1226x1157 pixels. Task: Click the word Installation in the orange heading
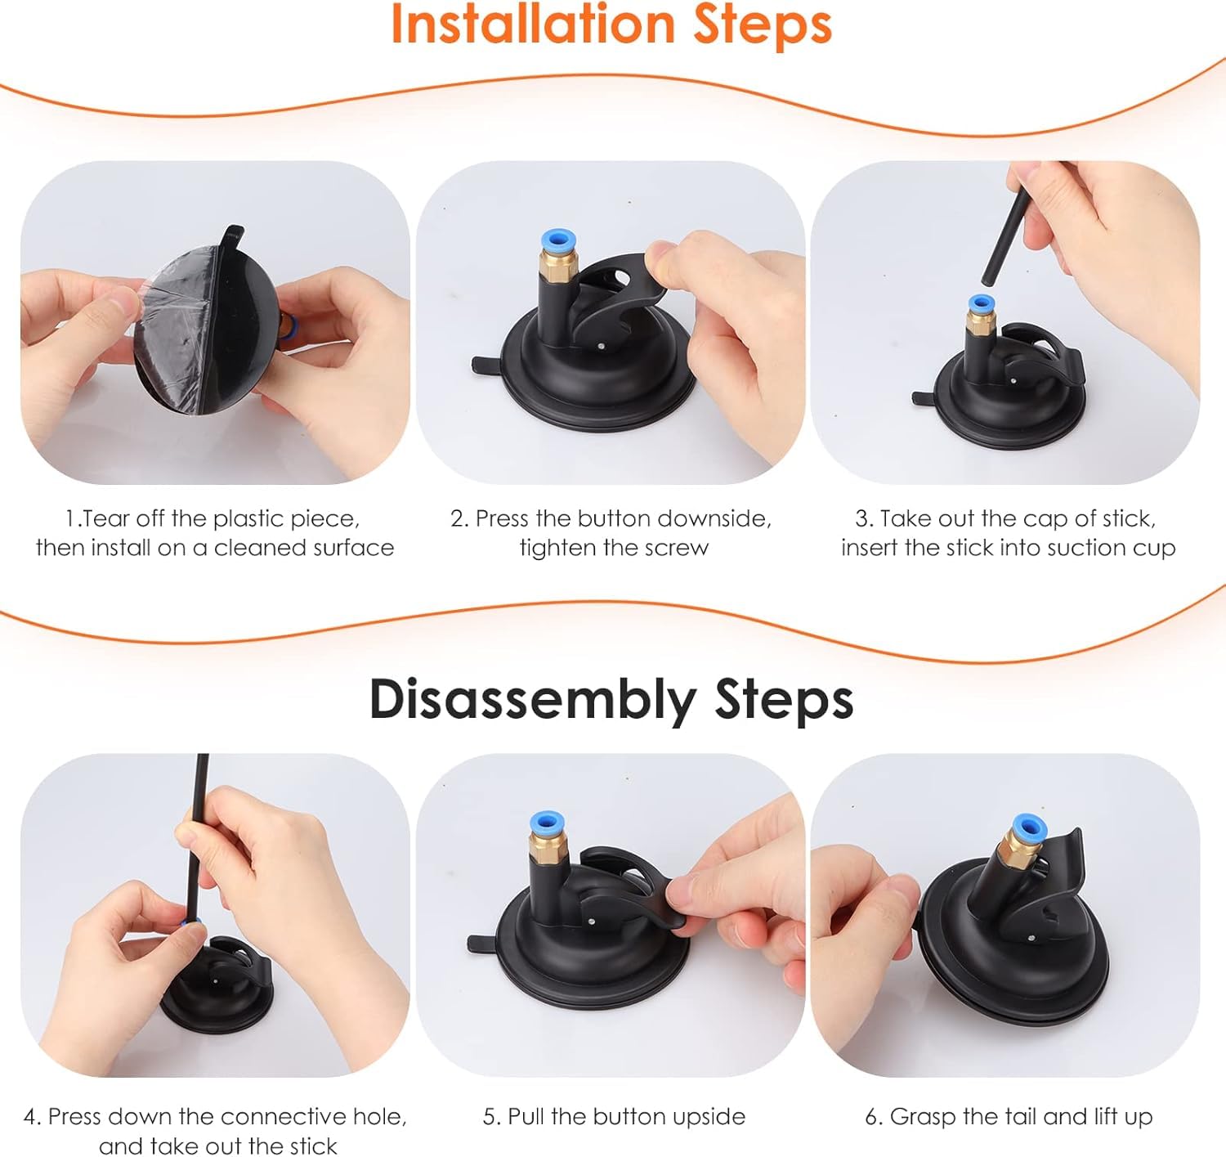pyautogui.click(x=534, y=24)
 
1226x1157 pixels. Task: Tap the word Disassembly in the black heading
pyautogui.click(x=533, y=701)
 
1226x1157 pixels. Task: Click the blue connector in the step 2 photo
pyautogui.click(x=558, y=242)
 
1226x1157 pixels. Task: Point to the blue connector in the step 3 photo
pyautogui.click(x=980, y=304)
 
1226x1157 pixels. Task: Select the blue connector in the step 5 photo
pyautogui.click(x=548, y=825)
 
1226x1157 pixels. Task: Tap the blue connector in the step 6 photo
pyautogui.click(x=1028, y=827)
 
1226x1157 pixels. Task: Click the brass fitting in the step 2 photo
pyautogui.click(x=558, y=267)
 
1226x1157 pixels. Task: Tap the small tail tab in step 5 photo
pyautogui.click(x=482, y=944)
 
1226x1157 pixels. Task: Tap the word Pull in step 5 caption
pyautogui.click(x=526, y=1116)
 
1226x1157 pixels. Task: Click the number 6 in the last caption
pyautogui.click(x=871, y=1117)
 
